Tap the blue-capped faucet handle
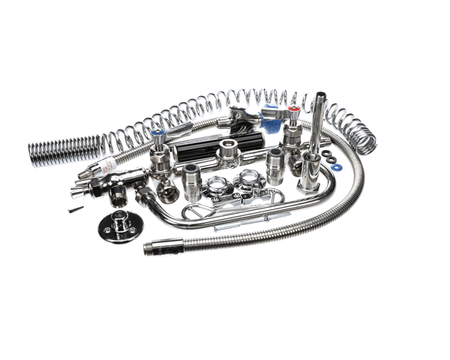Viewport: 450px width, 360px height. click(x=158, y=135)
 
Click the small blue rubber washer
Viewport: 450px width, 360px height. click(x=337, y=166)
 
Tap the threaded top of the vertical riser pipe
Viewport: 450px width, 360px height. click(x=320, y=97)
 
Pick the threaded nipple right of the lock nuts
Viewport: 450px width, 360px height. click(x=274, y=166)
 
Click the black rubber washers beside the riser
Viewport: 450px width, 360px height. click(x=327, y=155)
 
